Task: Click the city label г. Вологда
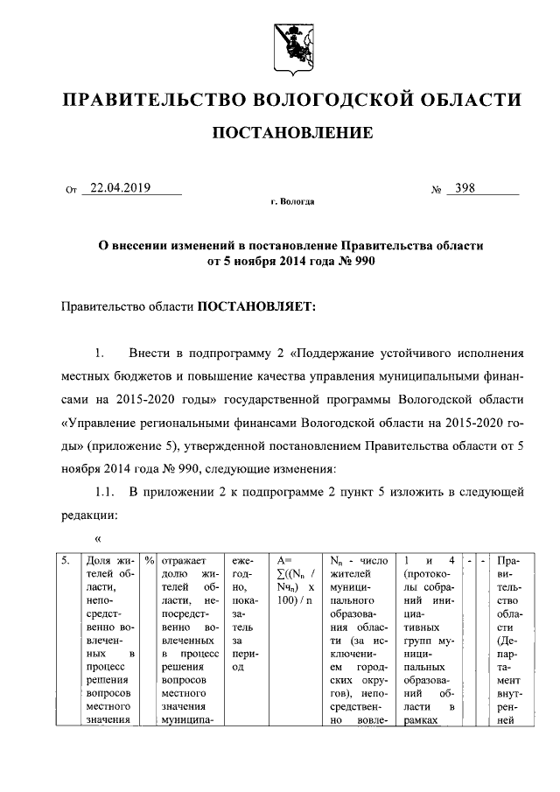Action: click(x=292, y=201)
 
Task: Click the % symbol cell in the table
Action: click(x=150, y=560)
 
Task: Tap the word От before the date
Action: click(x=72, y=189)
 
